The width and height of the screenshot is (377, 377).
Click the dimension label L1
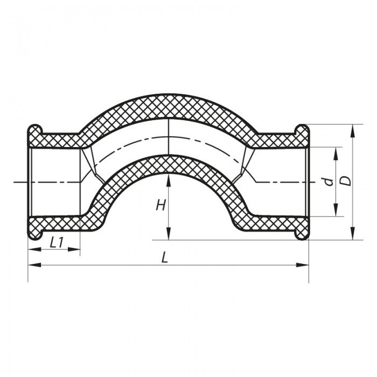57,243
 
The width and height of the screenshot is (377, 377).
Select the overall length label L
165,258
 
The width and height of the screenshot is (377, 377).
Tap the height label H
160,205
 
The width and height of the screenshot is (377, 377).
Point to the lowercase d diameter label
328,182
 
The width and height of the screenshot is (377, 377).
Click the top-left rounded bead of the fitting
35,130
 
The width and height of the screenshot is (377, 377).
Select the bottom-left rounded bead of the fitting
35,233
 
